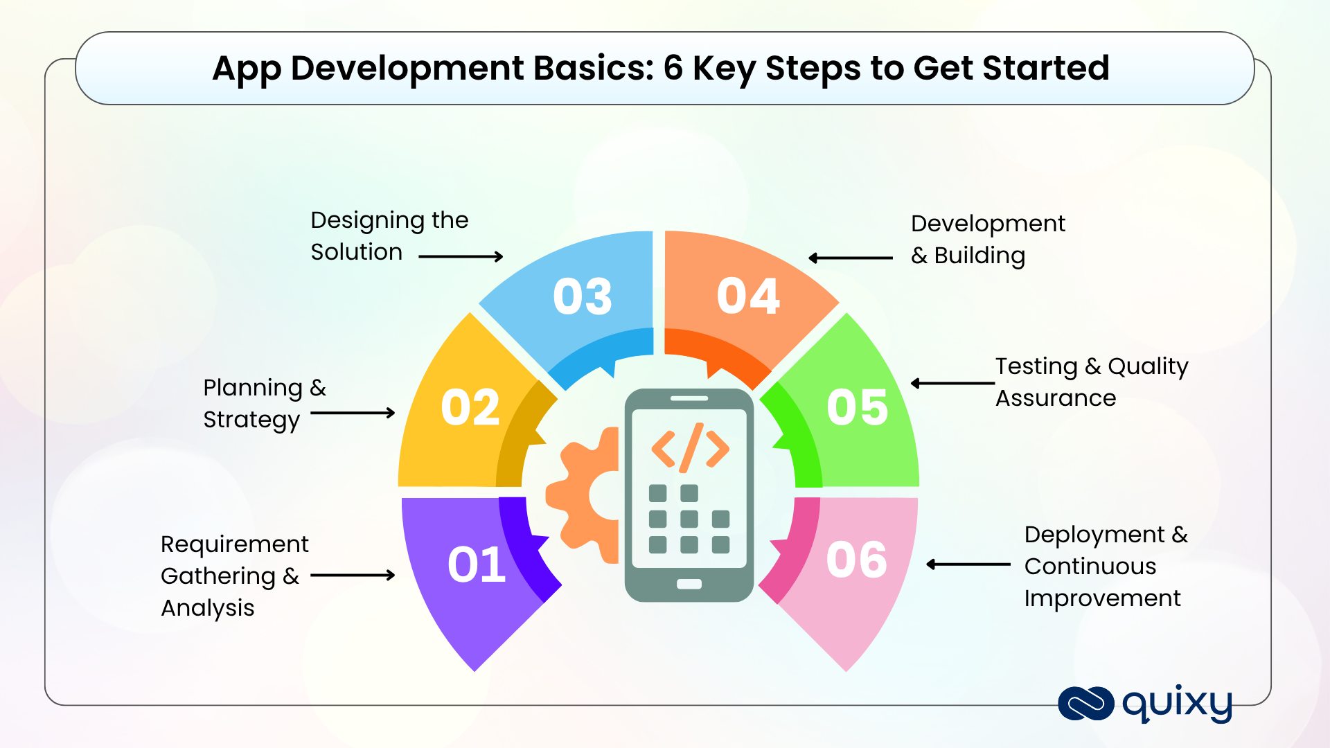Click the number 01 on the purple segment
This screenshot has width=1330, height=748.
pos(477,564)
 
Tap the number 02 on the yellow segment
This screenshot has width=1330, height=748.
pos(470,407)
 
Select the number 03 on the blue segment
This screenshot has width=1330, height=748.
pos(583,296)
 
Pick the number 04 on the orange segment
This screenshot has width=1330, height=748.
pos(748,296)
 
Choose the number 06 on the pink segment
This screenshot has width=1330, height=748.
pos(856,560)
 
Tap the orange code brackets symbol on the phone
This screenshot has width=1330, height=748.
pos(690,447)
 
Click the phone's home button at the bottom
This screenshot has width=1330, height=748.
pos(689,584)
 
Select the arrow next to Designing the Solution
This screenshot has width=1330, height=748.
pos(461,257)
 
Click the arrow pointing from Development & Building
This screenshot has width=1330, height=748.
pos(851,258)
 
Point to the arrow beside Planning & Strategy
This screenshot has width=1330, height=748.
pos(353,413)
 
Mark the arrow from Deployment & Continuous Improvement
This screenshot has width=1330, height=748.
pos(968,564)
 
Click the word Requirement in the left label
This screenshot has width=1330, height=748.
pos(234,544)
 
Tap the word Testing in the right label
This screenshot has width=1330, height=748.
pos(1036,366)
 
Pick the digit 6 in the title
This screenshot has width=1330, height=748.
pos(673,68)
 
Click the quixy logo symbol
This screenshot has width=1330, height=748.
pos(1085,703)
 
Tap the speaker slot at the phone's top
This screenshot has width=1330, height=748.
pos(689,398)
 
